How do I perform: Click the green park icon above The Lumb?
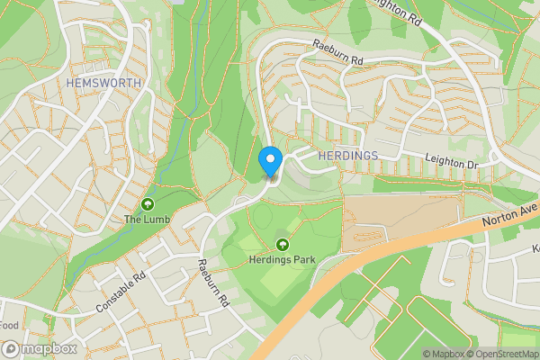(x=147, y=203)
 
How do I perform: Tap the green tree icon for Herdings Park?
(x=283, y=245)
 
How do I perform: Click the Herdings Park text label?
(x=283, y=260)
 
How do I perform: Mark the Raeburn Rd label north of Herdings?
(x=337, y=52)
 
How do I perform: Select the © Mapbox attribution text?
(x=444, y=354)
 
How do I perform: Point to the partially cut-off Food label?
(x=9, y=325)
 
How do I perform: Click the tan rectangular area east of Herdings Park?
(x=396, y=220)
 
